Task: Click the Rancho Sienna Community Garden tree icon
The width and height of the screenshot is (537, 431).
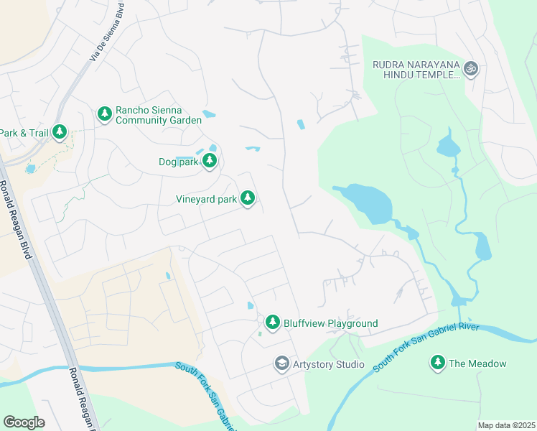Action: [x=105, y=113]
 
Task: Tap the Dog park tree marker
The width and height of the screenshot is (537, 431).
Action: [x=210, y=162]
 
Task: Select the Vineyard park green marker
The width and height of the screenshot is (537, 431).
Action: [x=248, y=198]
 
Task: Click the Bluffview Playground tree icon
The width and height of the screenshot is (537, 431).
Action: [x=272, y=323]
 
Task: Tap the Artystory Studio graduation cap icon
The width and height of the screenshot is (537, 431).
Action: [x=281, y=364]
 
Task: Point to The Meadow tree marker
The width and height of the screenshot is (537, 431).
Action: [x=438, y=363]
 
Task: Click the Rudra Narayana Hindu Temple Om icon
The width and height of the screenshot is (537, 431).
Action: [x=471, y=69]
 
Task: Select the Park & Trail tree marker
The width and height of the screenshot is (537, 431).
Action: [x=60, y=132]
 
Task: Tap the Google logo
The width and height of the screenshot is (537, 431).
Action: [x=24, y=422]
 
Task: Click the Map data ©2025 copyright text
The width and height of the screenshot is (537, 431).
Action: [x=506, y=425]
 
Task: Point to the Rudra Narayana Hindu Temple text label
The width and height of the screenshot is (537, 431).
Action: [x=416, y=69]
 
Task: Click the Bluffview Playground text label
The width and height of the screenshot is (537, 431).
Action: [x=331, y=323]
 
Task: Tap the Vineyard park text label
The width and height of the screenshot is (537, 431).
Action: [x=206, y=199]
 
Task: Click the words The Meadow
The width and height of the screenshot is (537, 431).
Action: [x=479, y=363]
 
